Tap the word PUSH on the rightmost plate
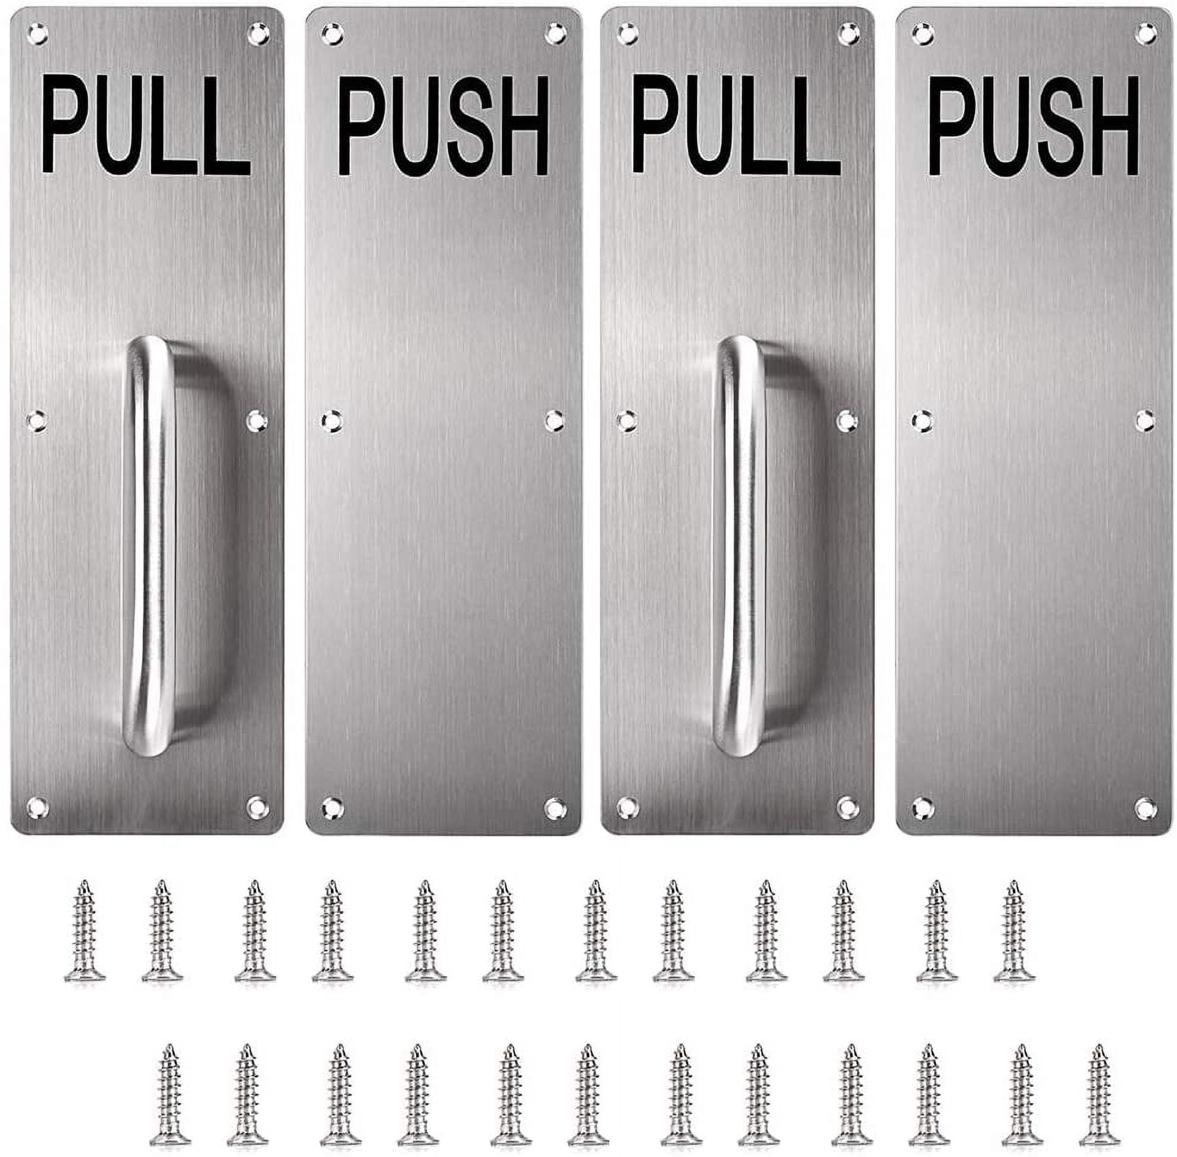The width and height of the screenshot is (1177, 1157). coord(1034,126)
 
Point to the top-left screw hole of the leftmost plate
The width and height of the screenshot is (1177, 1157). coord(37,34)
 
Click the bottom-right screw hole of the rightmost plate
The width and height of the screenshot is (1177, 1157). coord(1145,808)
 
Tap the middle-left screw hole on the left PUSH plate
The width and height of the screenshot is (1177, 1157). coord(332,421)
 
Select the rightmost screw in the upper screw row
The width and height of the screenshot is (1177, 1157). coord(1015,930)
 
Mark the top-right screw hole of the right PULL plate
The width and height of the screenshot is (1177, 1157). coord(849,34)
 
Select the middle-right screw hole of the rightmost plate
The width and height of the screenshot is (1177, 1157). coord(1145,421)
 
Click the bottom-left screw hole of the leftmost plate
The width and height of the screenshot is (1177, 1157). coord(37,808)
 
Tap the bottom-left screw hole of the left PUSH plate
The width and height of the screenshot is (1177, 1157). coord(332,808)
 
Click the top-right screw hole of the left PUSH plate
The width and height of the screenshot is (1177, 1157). coord(555,34)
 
